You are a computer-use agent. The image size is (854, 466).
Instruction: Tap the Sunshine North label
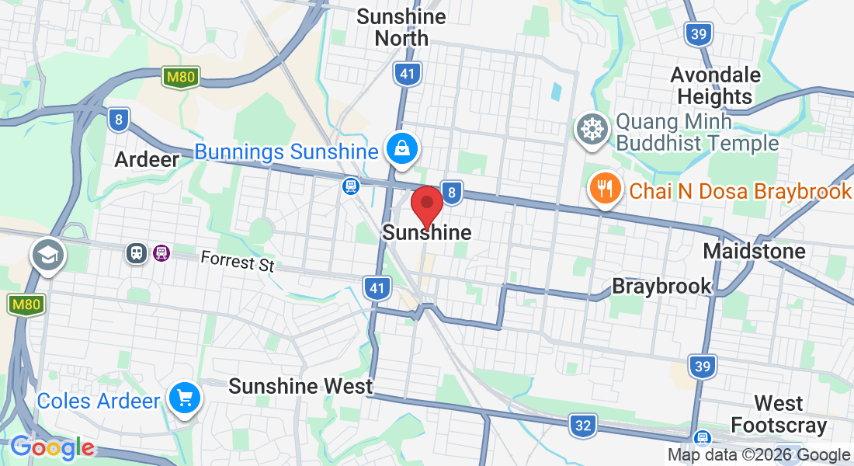coord(401,27)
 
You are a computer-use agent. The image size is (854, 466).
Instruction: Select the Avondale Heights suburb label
coord(714,85)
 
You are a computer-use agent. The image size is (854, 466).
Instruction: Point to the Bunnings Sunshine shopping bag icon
coord(402,148)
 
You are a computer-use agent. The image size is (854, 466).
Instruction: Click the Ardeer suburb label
coord(147,160)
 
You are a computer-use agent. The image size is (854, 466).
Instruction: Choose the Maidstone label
coord(754,251)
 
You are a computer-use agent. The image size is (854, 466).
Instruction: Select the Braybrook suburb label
coord(661,286)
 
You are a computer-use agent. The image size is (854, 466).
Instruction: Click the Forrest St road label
coord(238,261)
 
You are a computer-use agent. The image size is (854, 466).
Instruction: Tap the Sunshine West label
coord(300,386)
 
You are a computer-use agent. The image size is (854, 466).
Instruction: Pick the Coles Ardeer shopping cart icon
coord(185,399)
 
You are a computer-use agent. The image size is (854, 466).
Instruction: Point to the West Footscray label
coord(779,414)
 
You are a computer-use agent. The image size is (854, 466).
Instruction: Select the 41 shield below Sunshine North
coord(408,75)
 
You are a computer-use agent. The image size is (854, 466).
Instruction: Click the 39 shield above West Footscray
coord(702,367)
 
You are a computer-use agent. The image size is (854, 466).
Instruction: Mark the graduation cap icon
coord(47,254)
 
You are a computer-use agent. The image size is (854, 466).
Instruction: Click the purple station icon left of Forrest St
coord(161,252)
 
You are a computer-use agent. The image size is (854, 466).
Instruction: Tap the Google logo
coord(52,447)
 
